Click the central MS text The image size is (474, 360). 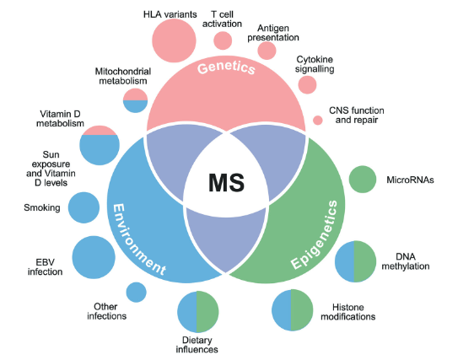tap(226, 181)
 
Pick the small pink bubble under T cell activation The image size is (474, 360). tap(223, 40)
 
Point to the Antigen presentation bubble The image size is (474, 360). tap(267, 51)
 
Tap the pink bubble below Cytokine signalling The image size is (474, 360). tap(307, 85)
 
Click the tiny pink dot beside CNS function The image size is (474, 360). tap(317, 120)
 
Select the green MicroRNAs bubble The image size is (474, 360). tap(363, 179)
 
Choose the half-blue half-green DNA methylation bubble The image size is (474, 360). tap(355, 262)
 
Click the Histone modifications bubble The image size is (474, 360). tap(292, 309)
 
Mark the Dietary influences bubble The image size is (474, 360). tap(197, 312)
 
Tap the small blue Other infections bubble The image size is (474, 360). tap(136, 292)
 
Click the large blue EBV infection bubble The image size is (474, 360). tap(94, 257)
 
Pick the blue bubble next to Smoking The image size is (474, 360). tap(83, 207)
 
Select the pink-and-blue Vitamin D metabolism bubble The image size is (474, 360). tap(100, 144)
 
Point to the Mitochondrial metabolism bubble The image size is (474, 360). tap(136, 101)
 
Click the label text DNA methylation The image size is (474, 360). tap(412, 261)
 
